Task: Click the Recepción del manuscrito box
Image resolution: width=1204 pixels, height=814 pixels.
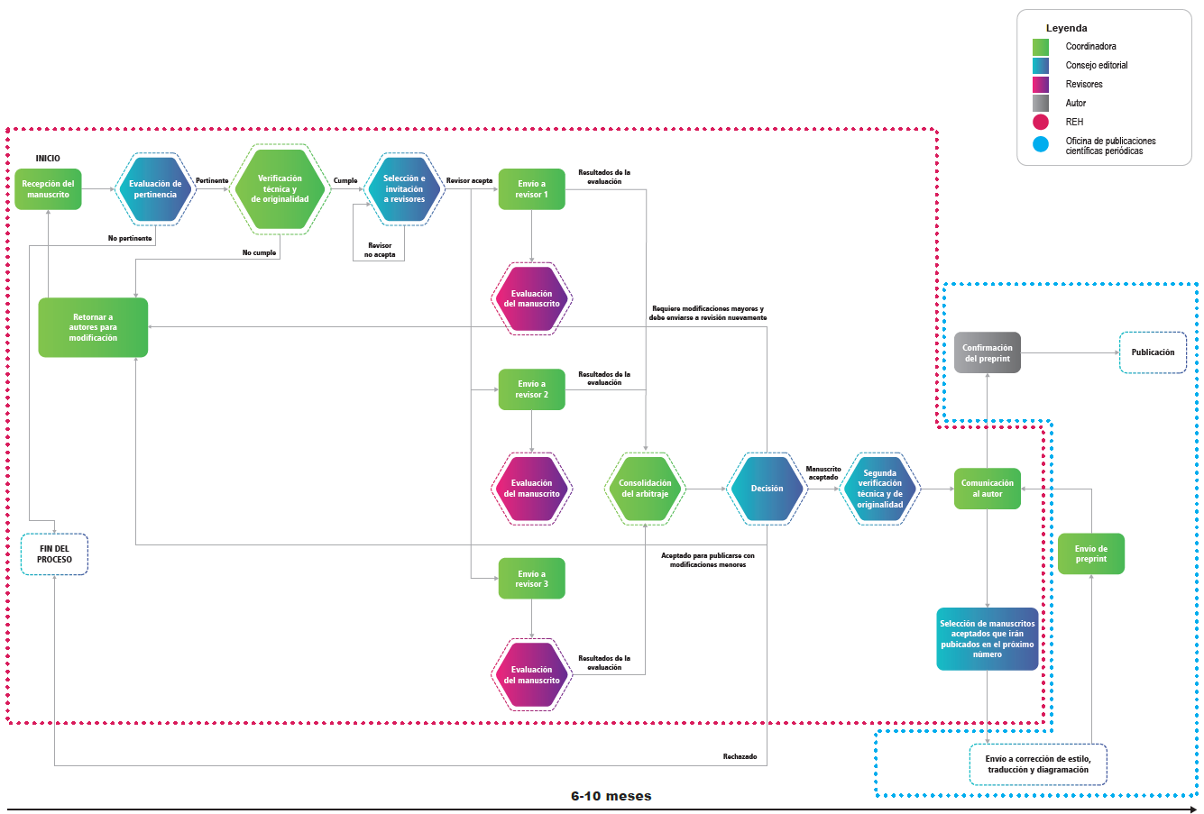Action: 48,189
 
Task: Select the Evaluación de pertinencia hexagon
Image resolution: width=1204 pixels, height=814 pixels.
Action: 155,189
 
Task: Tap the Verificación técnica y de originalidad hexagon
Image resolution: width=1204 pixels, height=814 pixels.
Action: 280,189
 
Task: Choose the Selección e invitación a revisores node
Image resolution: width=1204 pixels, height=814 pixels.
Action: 404,189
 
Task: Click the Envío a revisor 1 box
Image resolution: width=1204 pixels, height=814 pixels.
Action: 531,189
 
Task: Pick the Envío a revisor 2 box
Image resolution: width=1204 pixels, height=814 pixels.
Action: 531,389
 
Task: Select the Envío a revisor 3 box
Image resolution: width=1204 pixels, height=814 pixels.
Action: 531,579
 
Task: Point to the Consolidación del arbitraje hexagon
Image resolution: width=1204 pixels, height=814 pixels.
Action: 645,489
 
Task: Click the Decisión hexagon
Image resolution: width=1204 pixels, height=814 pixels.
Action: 767,489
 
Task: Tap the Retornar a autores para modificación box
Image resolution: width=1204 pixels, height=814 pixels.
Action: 93,327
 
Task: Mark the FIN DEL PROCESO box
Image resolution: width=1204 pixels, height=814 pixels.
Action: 54,554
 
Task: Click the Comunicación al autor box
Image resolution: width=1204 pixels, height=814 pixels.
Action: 987,489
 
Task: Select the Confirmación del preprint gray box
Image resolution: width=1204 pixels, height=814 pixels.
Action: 987,352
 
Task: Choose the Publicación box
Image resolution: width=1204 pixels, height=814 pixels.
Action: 1153,352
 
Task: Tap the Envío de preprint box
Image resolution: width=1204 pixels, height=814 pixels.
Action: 1090,554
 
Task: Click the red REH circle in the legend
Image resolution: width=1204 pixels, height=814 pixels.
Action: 1041,122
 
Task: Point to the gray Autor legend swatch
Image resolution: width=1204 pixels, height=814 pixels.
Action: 1041,103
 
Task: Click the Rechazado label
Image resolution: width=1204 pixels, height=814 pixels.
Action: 740,757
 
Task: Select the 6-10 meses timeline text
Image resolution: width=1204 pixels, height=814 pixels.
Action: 611,796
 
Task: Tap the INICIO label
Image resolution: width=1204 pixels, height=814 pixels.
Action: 48,159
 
